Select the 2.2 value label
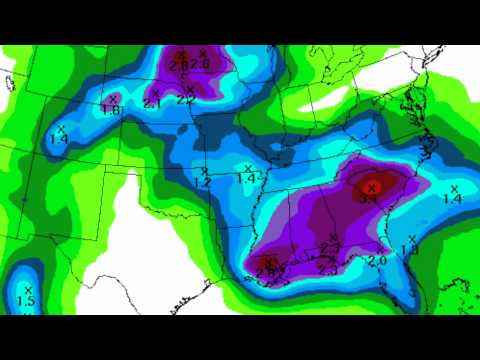coord(186,99)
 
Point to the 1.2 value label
coord(202,182)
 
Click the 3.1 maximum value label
coord(367,199)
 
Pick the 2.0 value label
coord(377,261)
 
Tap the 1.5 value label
coord(27,301)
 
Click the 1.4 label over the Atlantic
coord(452,200)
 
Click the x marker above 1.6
coord(113,97)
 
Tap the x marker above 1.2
coord(204,170)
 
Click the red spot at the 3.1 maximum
coord(371,186)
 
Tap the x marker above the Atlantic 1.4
coord(453,188)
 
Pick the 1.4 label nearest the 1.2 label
coord(246,178)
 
